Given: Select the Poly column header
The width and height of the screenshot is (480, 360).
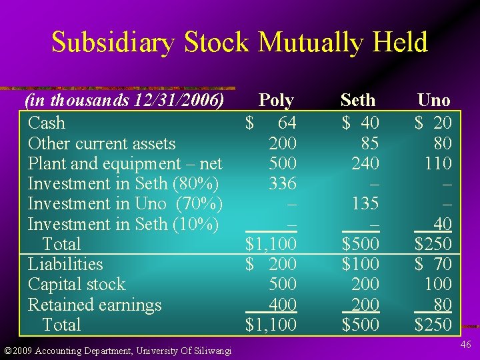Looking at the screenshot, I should click(276, 101).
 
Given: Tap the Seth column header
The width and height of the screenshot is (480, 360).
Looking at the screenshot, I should click(358, 101).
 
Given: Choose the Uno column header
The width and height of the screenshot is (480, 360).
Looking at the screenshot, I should click(433, 101).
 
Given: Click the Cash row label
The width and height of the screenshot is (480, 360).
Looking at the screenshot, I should click(47, 123).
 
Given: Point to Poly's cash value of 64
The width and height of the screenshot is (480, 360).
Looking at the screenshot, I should click(287, 123).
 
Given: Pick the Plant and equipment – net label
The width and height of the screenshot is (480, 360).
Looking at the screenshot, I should click(125, 163).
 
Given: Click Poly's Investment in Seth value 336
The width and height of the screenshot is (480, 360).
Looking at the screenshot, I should click(283, 183).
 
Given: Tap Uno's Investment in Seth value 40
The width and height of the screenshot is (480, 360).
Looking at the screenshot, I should click(442, 224).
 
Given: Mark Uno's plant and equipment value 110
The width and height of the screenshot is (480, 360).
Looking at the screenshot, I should click(438, 163).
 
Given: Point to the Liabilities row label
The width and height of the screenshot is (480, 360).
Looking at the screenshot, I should click(65, 264).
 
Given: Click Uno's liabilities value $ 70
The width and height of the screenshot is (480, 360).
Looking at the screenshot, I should click(433, 264).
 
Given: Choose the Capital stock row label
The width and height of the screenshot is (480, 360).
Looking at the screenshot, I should click(77, 285).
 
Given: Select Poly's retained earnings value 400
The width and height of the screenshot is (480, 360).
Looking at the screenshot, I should click(283, 305).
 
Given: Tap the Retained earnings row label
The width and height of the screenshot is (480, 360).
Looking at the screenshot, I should click(95, 305).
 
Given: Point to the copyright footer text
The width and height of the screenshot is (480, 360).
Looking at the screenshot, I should click(117, 351).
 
